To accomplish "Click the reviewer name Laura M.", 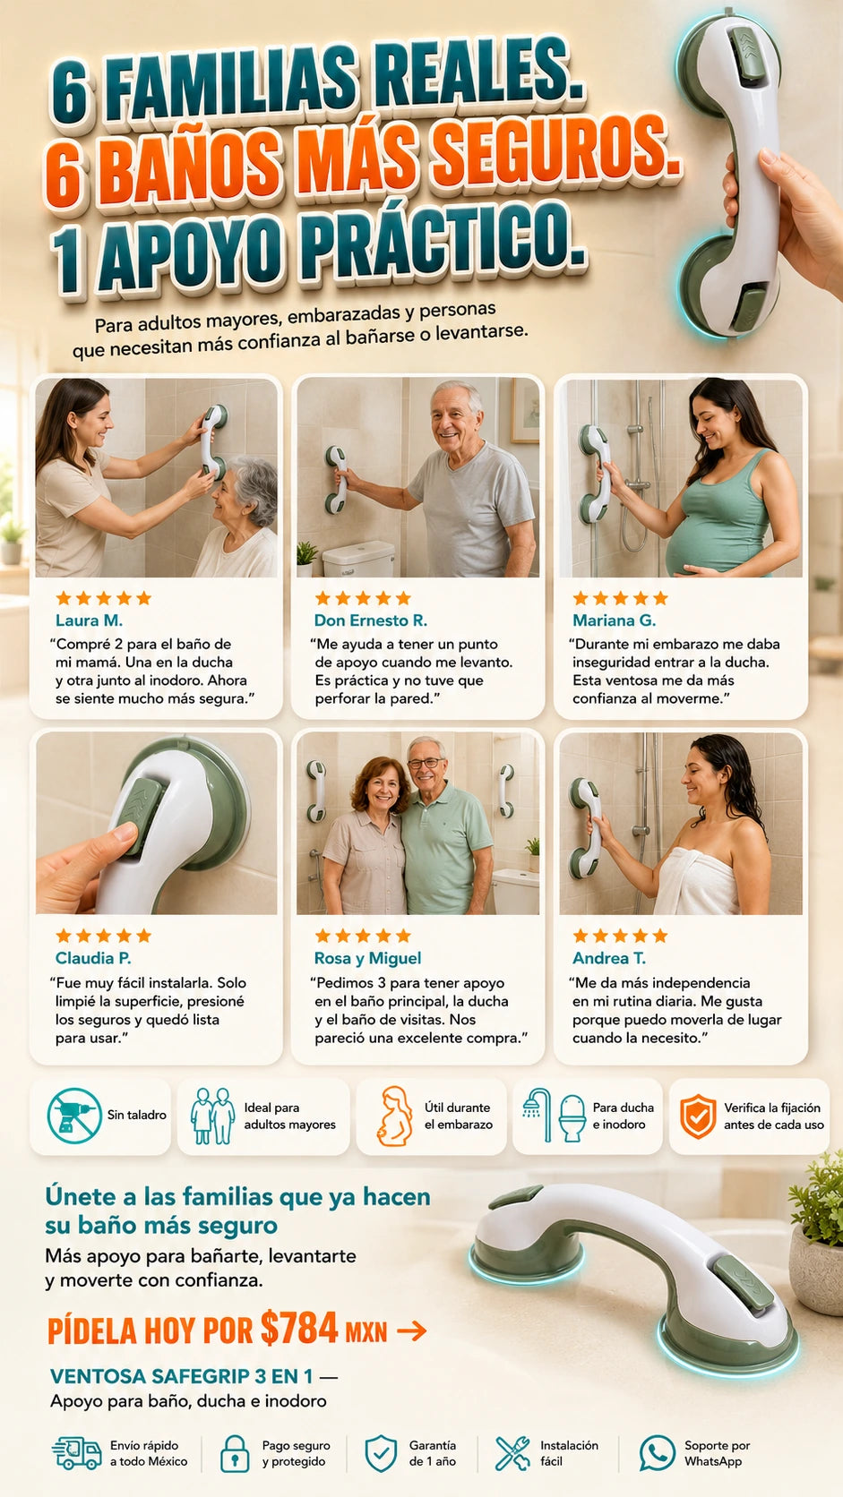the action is point(89,620).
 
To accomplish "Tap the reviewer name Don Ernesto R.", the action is point(370,620).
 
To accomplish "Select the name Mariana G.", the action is point(614,620).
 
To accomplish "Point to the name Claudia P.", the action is point(93,958).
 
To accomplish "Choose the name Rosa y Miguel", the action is point(367,958).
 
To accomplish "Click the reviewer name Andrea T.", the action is point(609,958).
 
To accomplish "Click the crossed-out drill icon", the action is point(75,1116).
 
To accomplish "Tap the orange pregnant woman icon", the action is point(395,1116).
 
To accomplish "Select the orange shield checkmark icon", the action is point(698,1116).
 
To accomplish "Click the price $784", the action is point(299,1328).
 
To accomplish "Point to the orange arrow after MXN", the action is point(412,1330).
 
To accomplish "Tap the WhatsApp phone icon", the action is point(658,1453).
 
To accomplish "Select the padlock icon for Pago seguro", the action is point(235,1453).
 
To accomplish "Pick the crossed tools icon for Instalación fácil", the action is point(512,1453).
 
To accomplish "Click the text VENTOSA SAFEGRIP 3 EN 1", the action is point(181,1376).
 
